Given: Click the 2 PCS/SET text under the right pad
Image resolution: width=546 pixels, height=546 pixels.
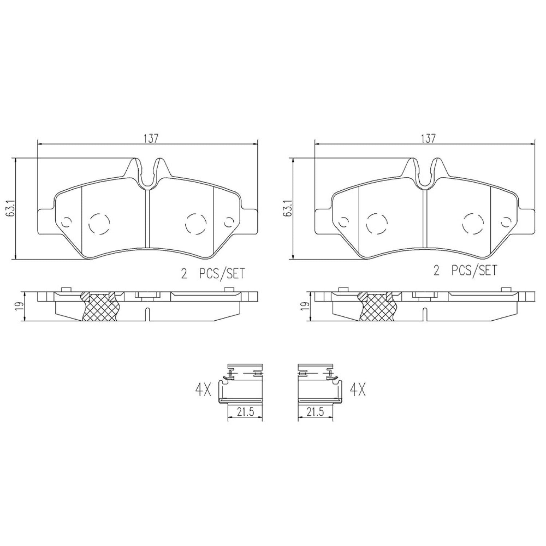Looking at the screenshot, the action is (464, 270).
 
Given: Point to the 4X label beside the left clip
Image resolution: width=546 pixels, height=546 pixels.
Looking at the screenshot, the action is (203, 391).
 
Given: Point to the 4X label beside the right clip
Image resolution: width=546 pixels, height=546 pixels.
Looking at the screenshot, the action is (357, 391).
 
